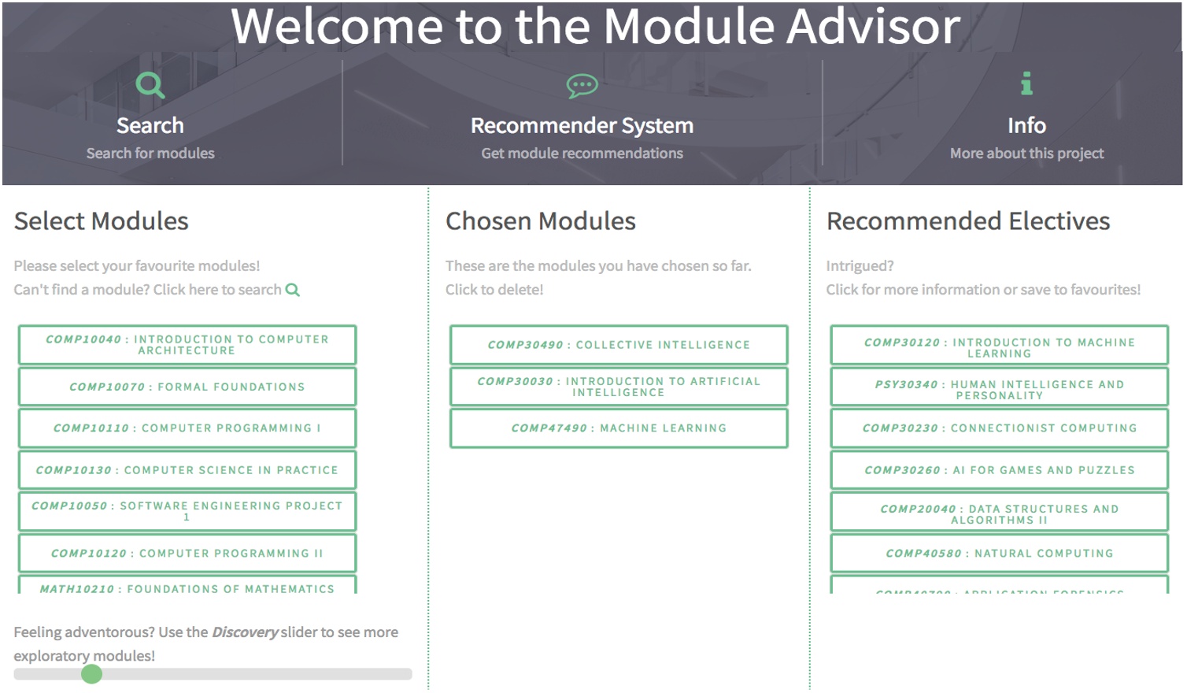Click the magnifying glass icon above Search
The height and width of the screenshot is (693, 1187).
pos(150,84)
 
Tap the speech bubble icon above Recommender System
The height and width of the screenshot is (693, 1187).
pos(582,85)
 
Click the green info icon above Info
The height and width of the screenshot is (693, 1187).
pos(1026,83)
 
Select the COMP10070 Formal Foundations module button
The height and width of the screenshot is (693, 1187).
pos(187,387)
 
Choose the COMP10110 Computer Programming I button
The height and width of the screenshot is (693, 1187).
pos(187,428)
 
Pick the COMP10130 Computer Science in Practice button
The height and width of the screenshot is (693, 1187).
pos(187,470)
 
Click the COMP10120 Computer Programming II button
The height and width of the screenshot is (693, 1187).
pos(187,554)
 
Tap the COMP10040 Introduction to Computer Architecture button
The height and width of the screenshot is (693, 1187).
pos(187,345)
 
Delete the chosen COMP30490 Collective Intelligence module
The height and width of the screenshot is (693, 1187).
pos(619,345)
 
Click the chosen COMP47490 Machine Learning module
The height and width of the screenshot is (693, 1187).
pos(619,428)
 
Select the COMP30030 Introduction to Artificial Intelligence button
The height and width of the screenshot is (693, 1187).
pos(619,387)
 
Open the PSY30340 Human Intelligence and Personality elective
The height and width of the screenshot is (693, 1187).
pos(999,390)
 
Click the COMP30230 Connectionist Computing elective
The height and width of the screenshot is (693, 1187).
pos(999,428)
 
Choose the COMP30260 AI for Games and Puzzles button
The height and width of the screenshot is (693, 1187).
pos(999,470)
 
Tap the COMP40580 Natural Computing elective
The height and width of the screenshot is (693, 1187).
pos(999,554)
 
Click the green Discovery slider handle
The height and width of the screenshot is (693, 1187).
pos(92,674)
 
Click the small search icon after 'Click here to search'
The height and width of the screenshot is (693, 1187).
pos(293,290)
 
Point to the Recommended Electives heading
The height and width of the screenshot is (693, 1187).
pos(967,221)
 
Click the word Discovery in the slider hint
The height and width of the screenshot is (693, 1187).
pos(245,632)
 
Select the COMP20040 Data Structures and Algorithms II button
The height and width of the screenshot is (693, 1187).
pos(999,514)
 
